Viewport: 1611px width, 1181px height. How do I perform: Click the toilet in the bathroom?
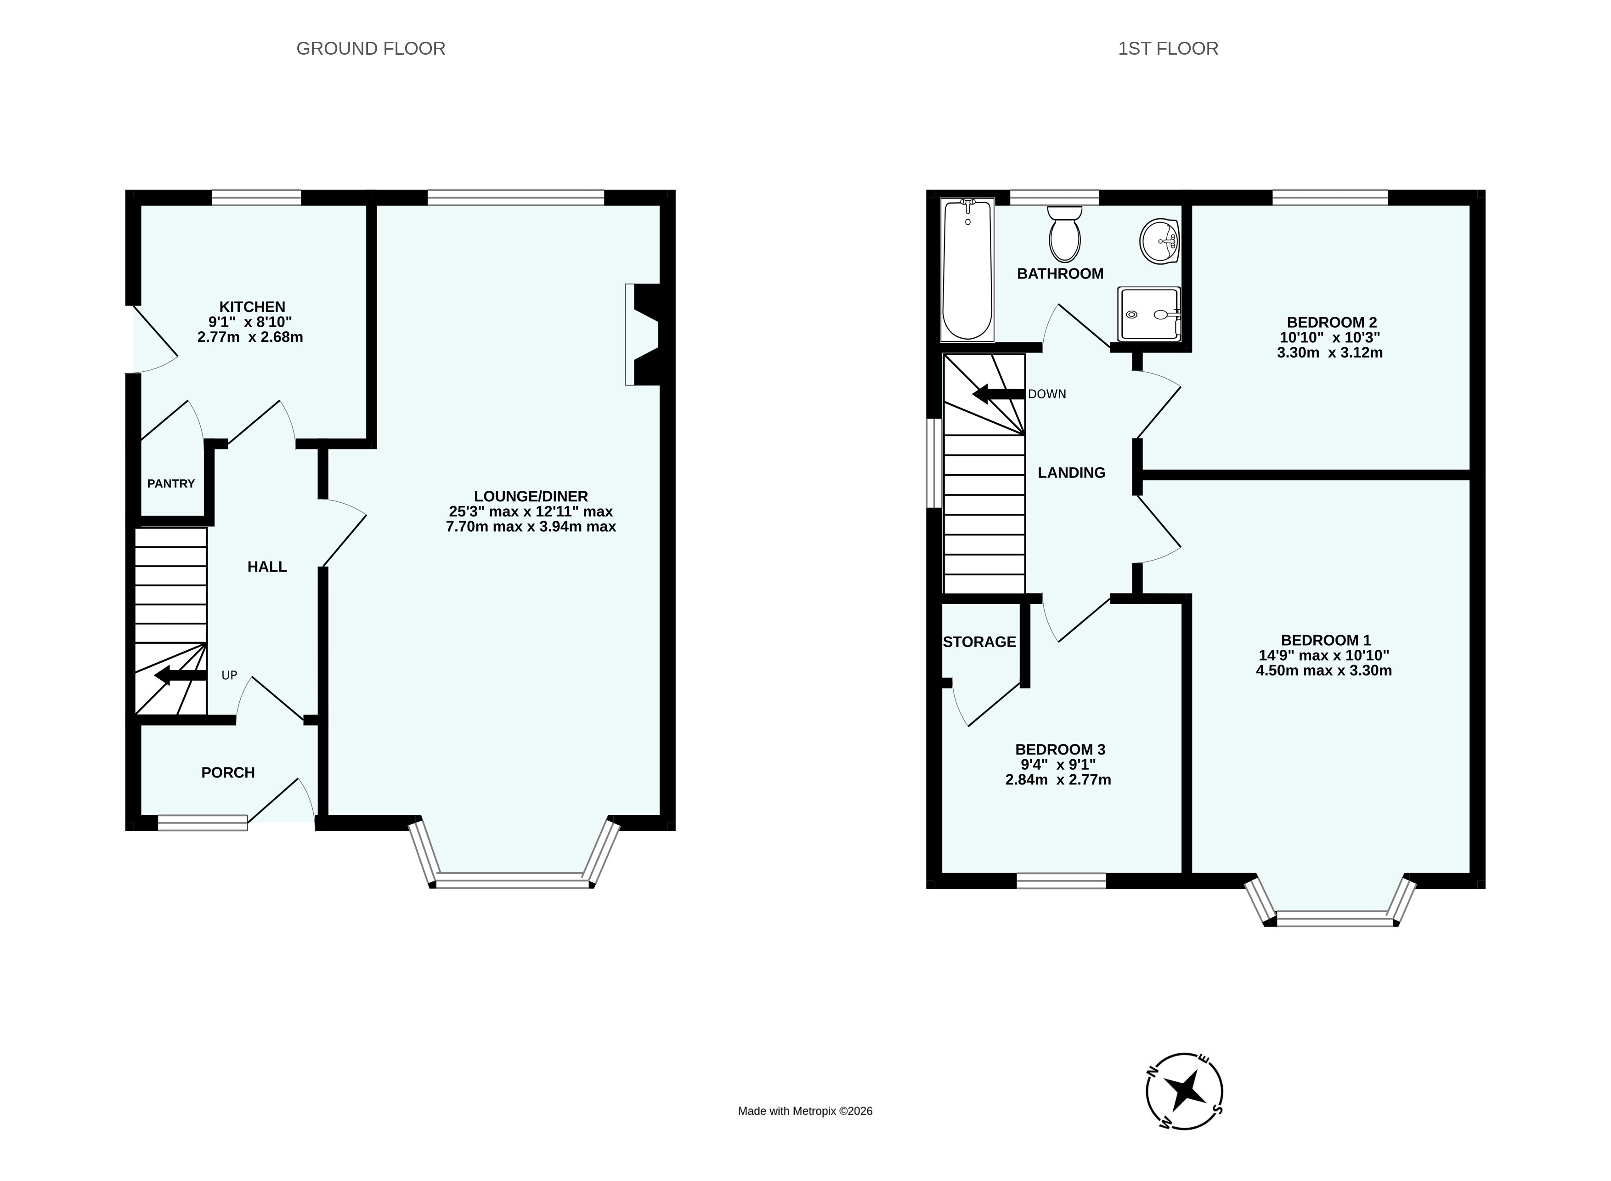(1064, 234)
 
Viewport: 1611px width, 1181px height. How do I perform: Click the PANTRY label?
(171, 484)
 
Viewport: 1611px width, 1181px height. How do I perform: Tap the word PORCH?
(228, 773)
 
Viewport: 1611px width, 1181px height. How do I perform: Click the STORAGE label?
(979, 642)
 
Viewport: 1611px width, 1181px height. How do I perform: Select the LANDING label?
(1071, 472)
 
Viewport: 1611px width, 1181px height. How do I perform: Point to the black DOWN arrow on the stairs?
(999, 394)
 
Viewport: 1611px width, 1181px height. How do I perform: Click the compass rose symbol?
(1184, 1091)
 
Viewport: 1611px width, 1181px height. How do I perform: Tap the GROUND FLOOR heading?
(371, 49)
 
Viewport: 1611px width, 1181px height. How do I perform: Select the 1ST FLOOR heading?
(1168, 49)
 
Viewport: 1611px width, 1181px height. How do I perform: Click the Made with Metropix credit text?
(806, 1111)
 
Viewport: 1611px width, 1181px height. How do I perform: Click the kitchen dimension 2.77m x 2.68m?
(250, 337)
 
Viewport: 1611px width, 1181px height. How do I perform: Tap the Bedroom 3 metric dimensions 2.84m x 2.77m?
(1058, 779)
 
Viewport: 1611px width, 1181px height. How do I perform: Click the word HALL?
(267, 567)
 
